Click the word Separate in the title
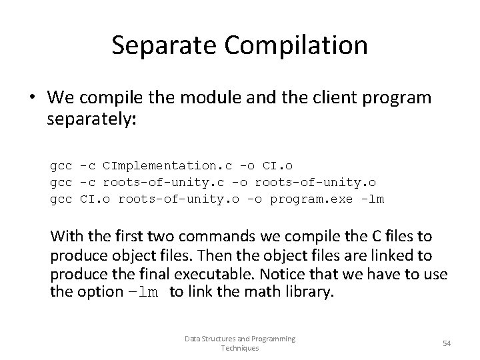tap(155, 45)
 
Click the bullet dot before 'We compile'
tap(31, 98)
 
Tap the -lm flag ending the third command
tap(373, 199)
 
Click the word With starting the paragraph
tap(67, 237)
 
